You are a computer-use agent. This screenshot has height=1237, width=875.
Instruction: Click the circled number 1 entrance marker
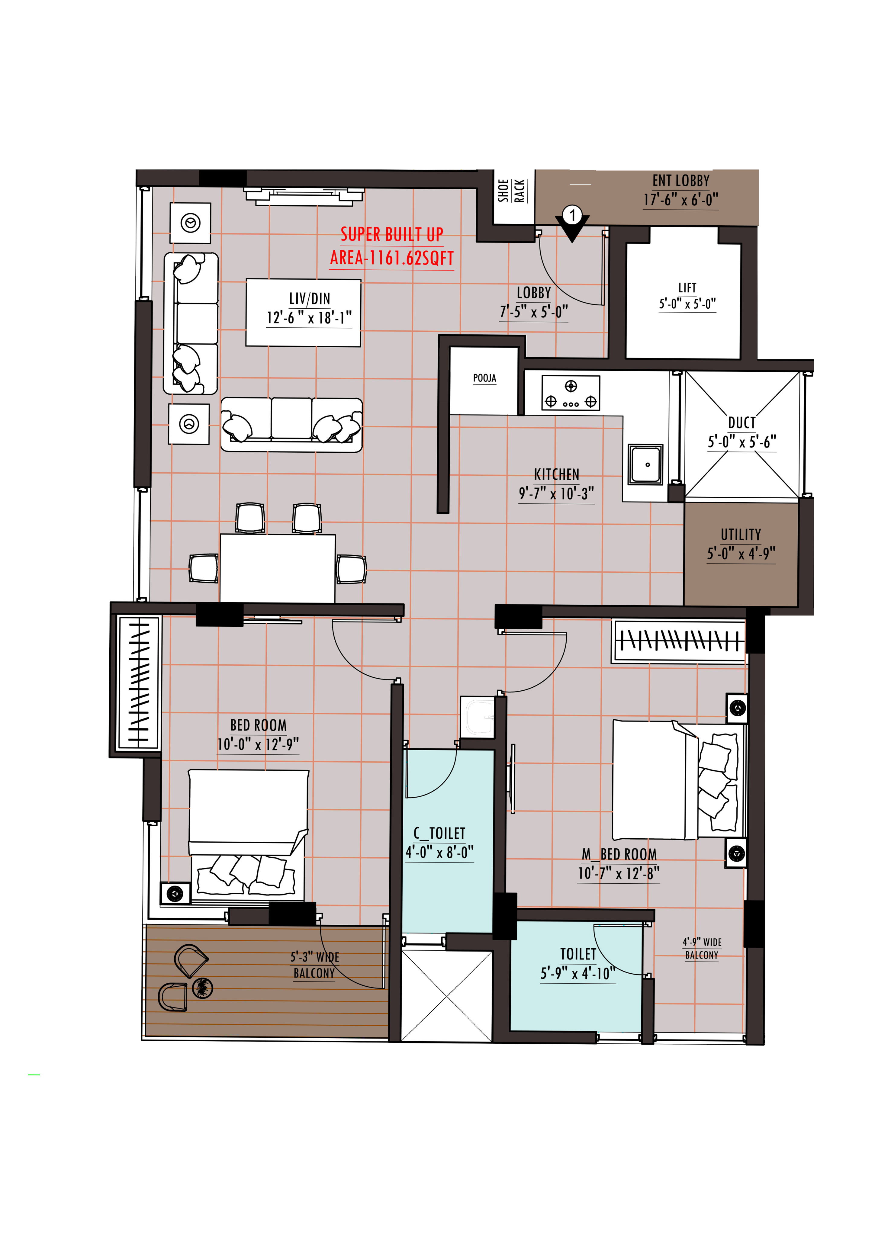pyautogui.click(x=572, y=216)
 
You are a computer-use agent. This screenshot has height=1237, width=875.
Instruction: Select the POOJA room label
pyautogui.click(x=484, y=378)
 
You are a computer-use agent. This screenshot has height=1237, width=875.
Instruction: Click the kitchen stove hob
pyautogui.click(x=571, y=393)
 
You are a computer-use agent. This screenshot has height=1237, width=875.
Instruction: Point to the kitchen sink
pyautogui.click(x=645, y=464)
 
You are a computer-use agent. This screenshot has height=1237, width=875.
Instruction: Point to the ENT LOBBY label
pyautogui.click(x=681, y=181)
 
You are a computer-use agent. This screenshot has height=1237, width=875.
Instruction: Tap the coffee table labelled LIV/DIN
pyautogui.click(x=303, y=313)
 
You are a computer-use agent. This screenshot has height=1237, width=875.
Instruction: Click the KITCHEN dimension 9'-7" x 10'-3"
pyautogui.click(x=557, y=493)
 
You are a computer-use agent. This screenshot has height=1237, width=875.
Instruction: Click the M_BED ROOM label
pyautogui.click(x=619, y=854)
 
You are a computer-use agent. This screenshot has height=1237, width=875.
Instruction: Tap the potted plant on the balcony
pyautogui.click(x=203, y=988)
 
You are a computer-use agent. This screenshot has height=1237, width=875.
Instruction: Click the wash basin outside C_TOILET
pyautogui.click(x=478, y=717)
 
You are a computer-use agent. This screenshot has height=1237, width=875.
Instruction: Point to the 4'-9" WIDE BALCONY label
pyautogui.click(x=702, y=948)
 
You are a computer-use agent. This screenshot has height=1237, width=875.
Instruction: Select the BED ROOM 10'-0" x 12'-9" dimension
pyautogui.click(x=258, y=744)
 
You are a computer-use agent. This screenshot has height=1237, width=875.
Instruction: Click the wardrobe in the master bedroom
pyautogui.click(x=679, y=641)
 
